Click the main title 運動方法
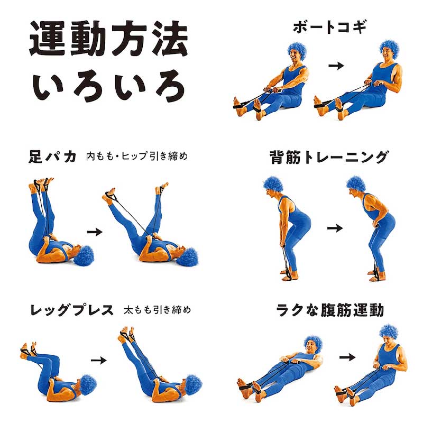point(108,38)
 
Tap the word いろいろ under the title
point(109,86)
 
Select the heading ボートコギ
point(330,27)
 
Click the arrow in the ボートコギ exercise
point(336,66)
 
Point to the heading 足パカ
point(52,157)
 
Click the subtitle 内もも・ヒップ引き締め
point(137,156)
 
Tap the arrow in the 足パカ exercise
point(95,232)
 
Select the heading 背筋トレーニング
point(329,157)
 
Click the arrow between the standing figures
point(335,228)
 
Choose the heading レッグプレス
point(72,310)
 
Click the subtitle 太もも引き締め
point(157,310)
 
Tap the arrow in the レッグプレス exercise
point(99,361)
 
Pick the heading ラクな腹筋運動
point(330,310)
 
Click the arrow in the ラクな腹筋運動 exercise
point(347,357)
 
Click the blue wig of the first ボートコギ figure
point(298,51)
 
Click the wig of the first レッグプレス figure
point(88,383)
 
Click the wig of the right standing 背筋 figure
point(356,185)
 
